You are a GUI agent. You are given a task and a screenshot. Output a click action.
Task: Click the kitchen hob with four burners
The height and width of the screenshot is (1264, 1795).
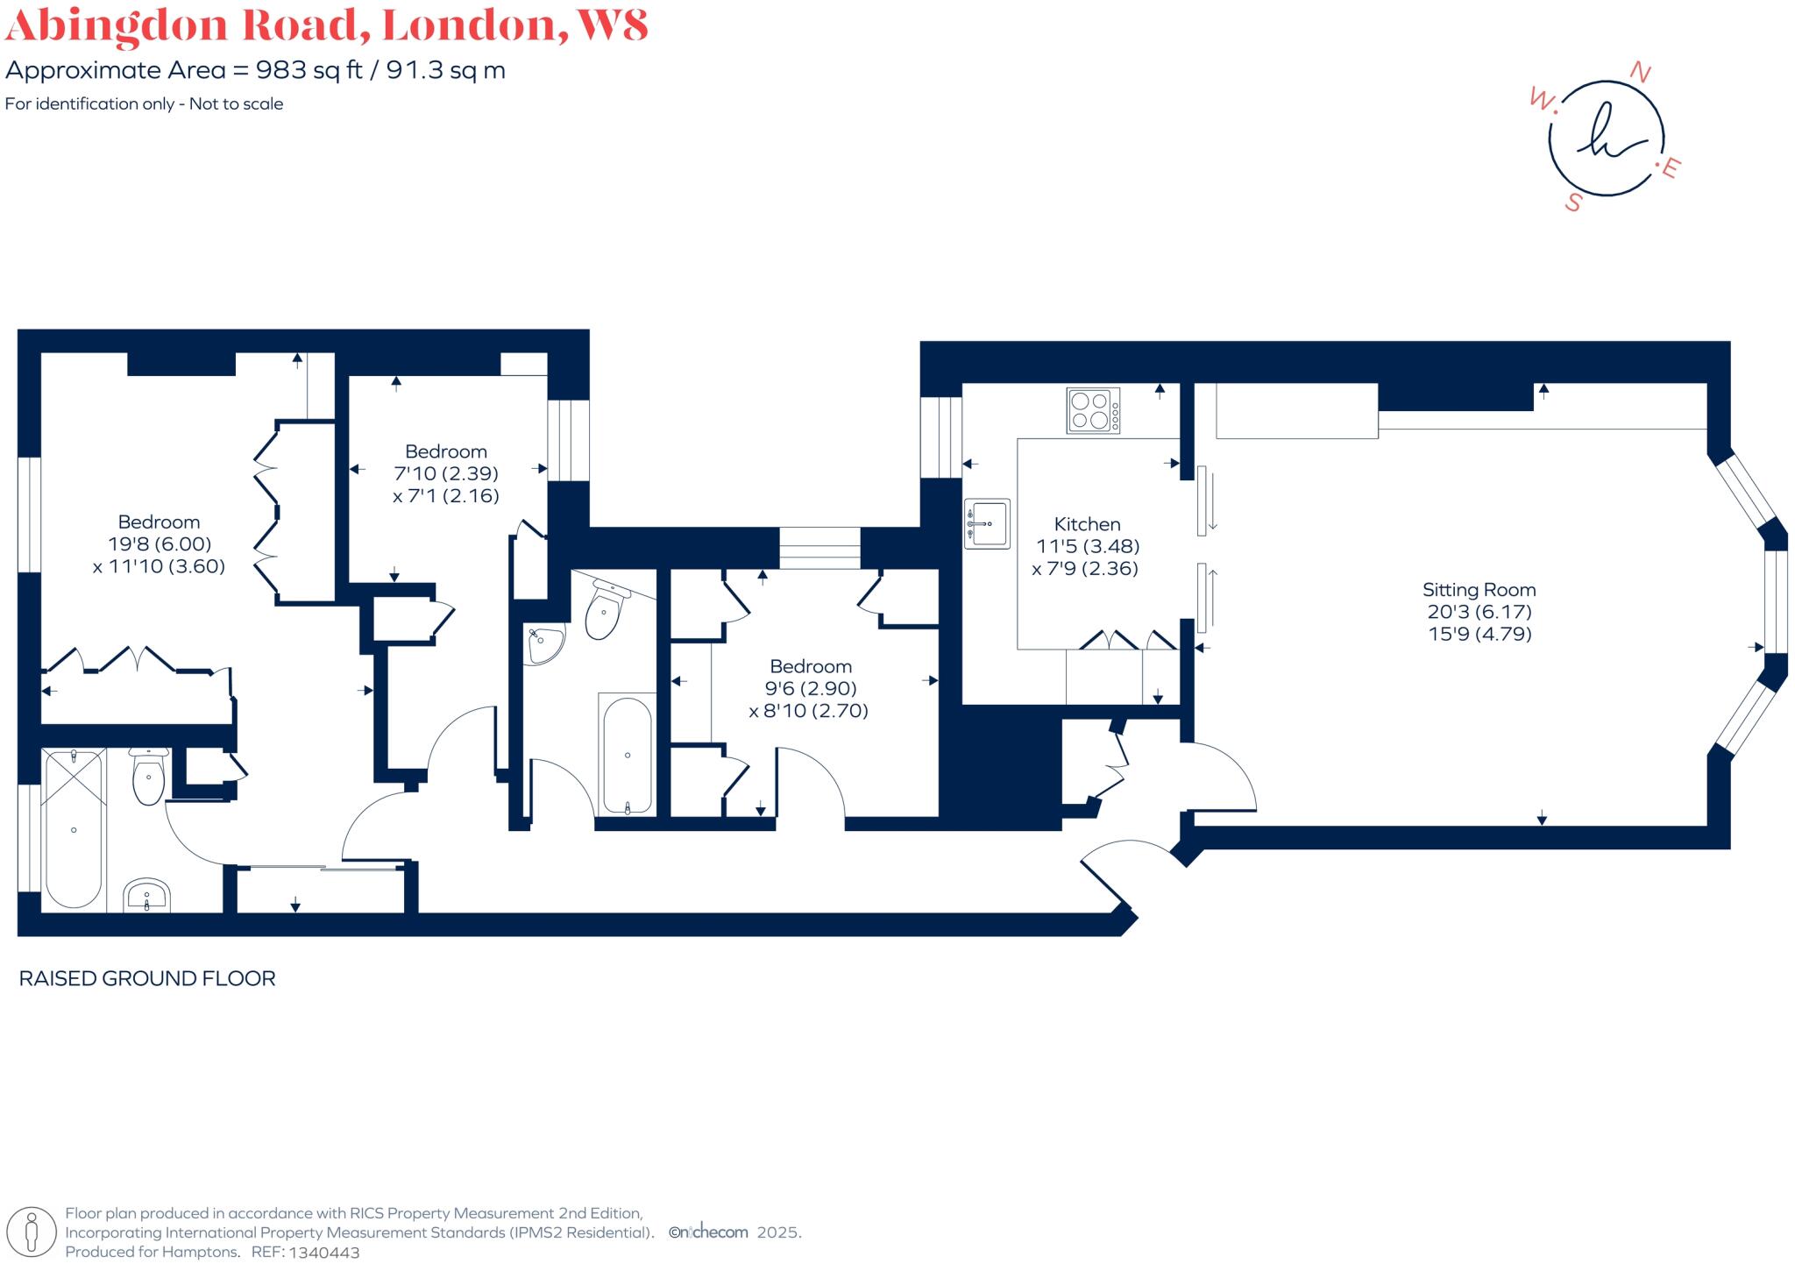[x=1092, y=410]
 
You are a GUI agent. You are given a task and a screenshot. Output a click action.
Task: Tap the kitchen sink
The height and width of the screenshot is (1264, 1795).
[x=987, y=523]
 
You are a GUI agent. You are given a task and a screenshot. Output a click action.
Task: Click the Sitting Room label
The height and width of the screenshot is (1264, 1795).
[x=1479, y=590]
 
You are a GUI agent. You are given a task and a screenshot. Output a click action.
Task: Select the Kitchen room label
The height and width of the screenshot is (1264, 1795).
[x=1087, y=524]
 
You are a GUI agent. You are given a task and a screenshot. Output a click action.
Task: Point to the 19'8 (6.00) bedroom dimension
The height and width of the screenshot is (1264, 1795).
[x=159, y=544]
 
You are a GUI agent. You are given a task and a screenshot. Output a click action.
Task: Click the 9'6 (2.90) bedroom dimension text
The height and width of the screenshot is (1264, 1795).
[x=810, y=688]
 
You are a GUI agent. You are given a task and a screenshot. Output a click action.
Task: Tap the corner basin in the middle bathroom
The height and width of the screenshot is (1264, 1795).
[x=543, y=645]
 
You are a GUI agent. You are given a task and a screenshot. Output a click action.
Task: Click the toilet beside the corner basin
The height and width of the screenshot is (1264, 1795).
[x=605, y=611]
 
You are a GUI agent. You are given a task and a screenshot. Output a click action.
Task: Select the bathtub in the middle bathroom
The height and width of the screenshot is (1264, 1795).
[x=627, y=755]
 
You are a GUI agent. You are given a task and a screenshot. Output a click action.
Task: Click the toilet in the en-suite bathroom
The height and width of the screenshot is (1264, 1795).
[x=148, y=777]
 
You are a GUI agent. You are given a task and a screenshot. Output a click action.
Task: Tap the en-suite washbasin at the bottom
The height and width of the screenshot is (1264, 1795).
[x=146, y=896]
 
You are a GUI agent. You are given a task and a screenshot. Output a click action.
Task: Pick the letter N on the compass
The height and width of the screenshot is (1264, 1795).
[x=1639, y=74]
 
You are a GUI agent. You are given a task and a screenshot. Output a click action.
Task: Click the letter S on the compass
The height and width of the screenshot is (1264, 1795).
[x=1574, y=202]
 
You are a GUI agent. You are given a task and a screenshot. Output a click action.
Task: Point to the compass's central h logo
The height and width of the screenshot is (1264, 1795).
[x=1606, y=138]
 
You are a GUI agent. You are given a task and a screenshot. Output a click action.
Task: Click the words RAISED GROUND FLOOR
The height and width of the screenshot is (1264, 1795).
[x=147, y=978]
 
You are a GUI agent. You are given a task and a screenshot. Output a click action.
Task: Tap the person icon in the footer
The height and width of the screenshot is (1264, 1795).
[x=32, y=1232]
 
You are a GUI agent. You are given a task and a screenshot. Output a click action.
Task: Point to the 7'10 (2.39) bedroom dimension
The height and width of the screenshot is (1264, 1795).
[x=446, y=473]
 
